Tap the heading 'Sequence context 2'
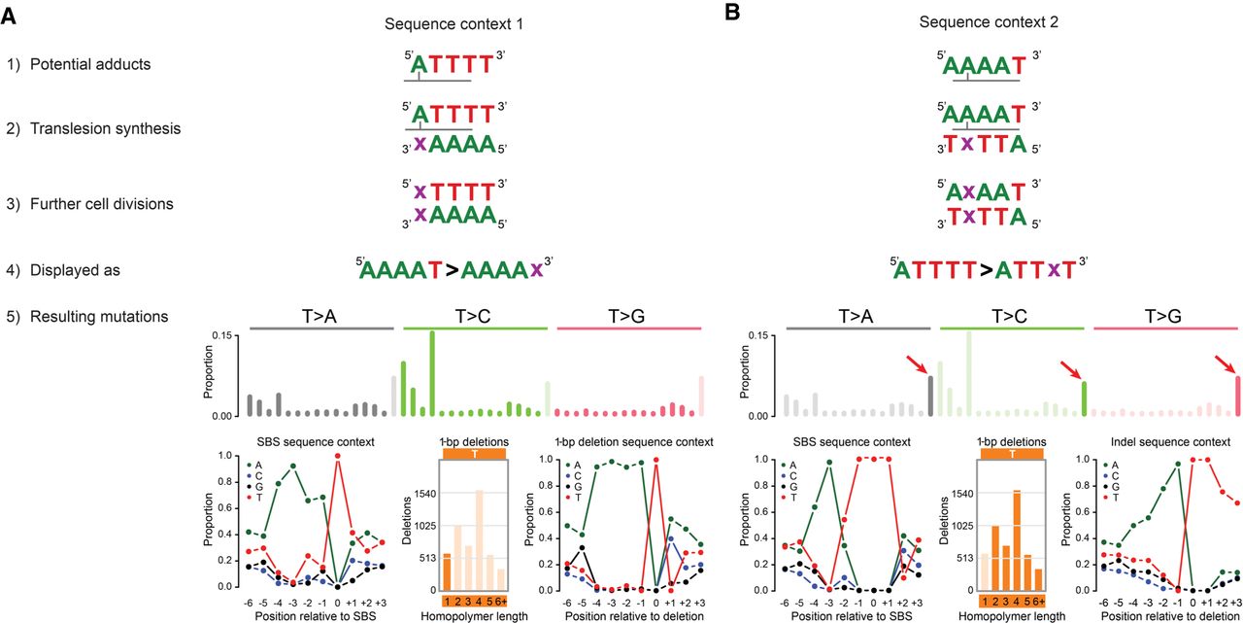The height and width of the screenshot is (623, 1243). [982, 22]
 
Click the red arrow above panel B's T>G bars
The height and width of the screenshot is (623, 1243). [1226, 363]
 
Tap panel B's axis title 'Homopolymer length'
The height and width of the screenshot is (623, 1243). [1012, 615]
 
